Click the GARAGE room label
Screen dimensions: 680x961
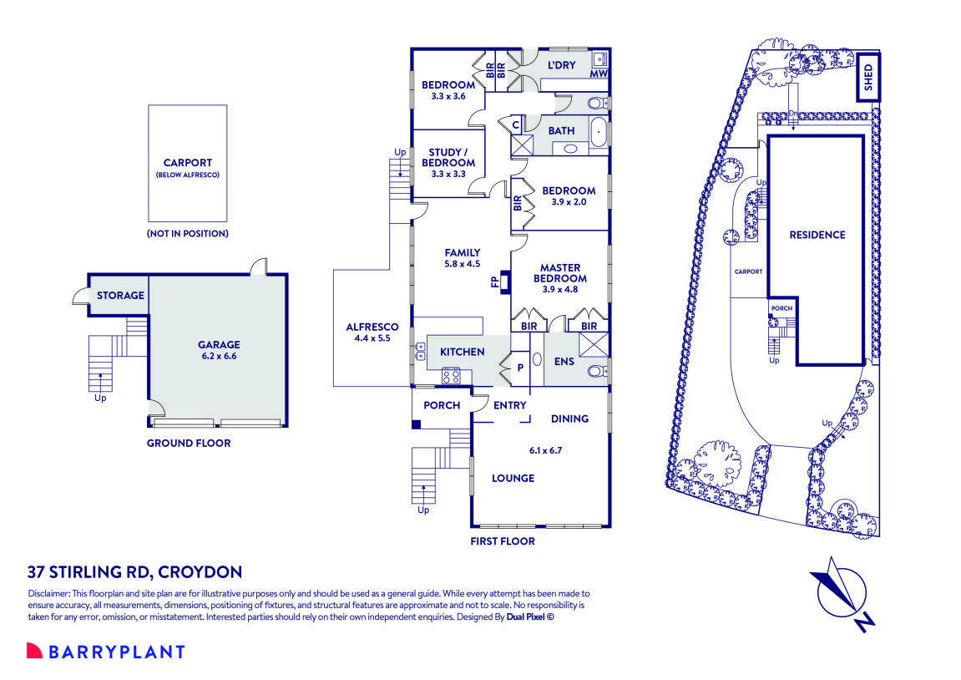[219, 344]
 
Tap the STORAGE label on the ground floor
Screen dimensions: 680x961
[120, 295]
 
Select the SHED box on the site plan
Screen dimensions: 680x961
[868, 76]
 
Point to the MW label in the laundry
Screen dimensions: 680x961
[598, 74]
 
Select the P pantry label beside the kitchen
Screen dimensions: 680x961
[521, 366]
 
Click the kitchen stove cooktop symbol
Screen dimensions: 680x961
[451, 376]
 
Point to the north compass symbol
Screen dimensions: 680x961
[842, 593]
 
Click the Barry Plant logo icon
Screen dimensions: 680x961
[34, 651]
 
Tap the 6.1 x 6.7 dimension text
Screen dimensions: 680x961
[545, 450]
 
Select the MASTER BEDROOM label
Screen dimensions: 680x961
[559, 273]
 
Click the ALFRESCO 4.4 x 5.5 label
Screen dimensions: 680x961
[372, 332]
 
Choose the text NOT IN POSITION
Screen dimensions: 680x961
[187, 234]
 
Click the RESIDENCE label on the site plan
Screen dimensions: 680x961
[817, 235]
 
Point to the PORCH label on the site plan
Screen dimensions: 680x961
[781, 308]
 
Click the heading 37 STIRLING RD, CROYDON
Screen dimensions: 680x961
[134, 572]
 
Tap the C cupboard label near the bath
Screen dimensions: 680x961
[515, 125]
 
